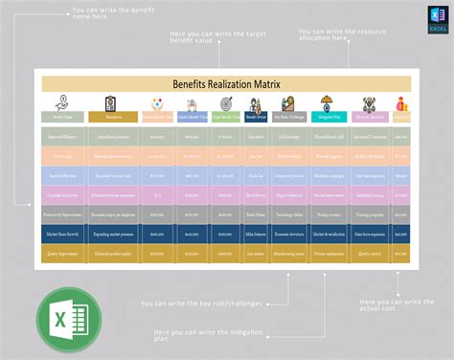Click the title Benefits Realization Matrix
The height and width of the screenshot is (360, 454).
point(226,84)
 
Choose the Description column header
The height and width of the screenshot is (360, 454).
point(114,117)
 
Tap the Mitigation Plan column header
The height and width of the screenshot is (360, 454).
point(326,117)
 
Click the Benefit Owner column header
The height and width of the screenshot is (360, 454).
point(255,117)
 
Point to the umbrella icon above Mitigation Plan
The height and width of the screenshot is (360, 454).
point(326,103)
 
